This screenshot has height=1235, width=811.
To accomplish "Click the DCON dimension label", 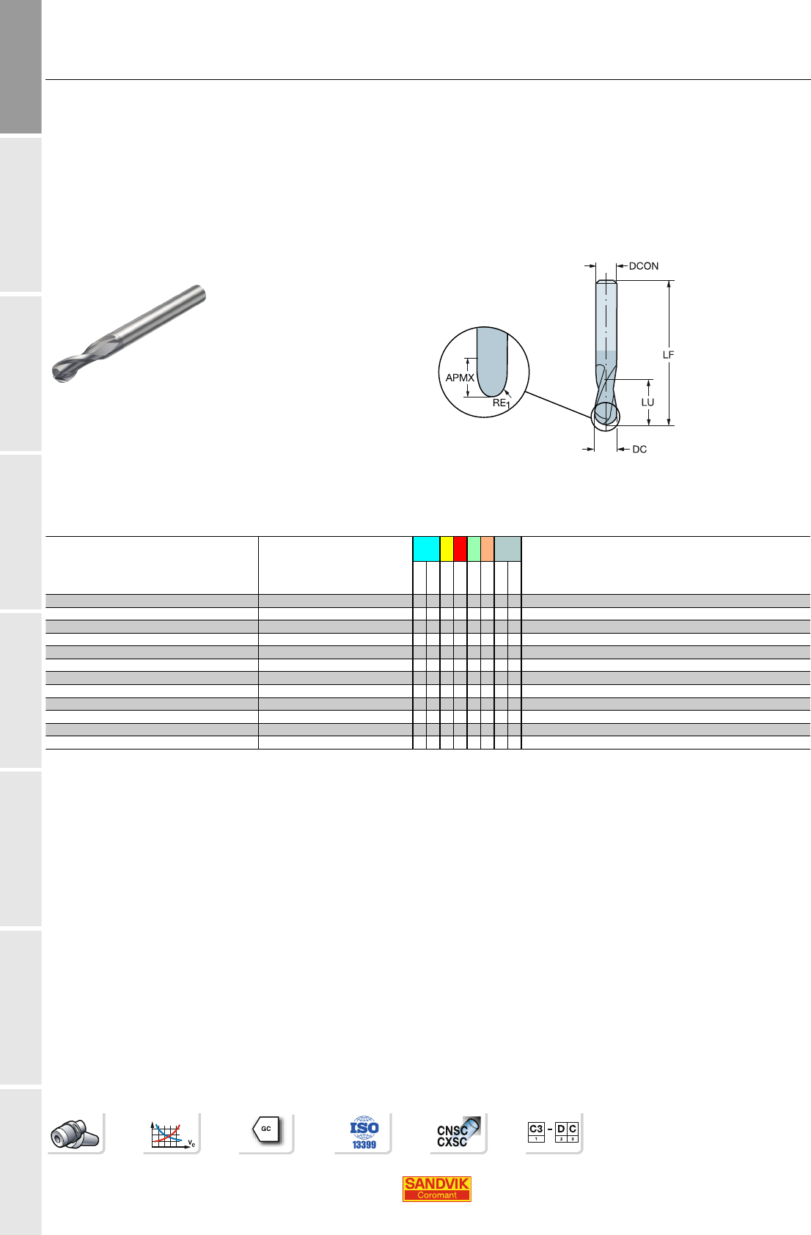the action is coord(643,265).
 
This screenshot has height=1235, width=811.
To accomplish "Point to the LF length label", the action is coord(668,354).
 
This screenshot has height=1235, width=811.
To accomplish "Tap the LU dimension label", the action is coord(647,402).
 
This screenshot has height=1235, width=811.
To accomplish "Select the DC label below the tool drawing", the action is coord(639,450).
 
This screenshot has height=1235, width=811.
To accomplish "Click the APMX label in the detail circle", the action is coord(460,378).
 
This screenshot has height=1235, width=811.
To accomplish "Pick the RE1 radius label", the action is coord(501,403).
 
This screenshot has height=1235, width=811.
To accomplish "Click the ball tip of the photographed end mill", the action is coord(61,371).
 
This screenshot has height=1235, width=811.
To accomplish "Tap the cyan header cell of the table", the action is coord(426,549).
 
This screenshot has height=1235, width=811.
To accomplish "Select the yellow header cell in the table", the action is coord(447,549).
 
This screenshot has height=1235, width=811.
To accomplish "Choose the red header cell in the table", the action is coord(460,549).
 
